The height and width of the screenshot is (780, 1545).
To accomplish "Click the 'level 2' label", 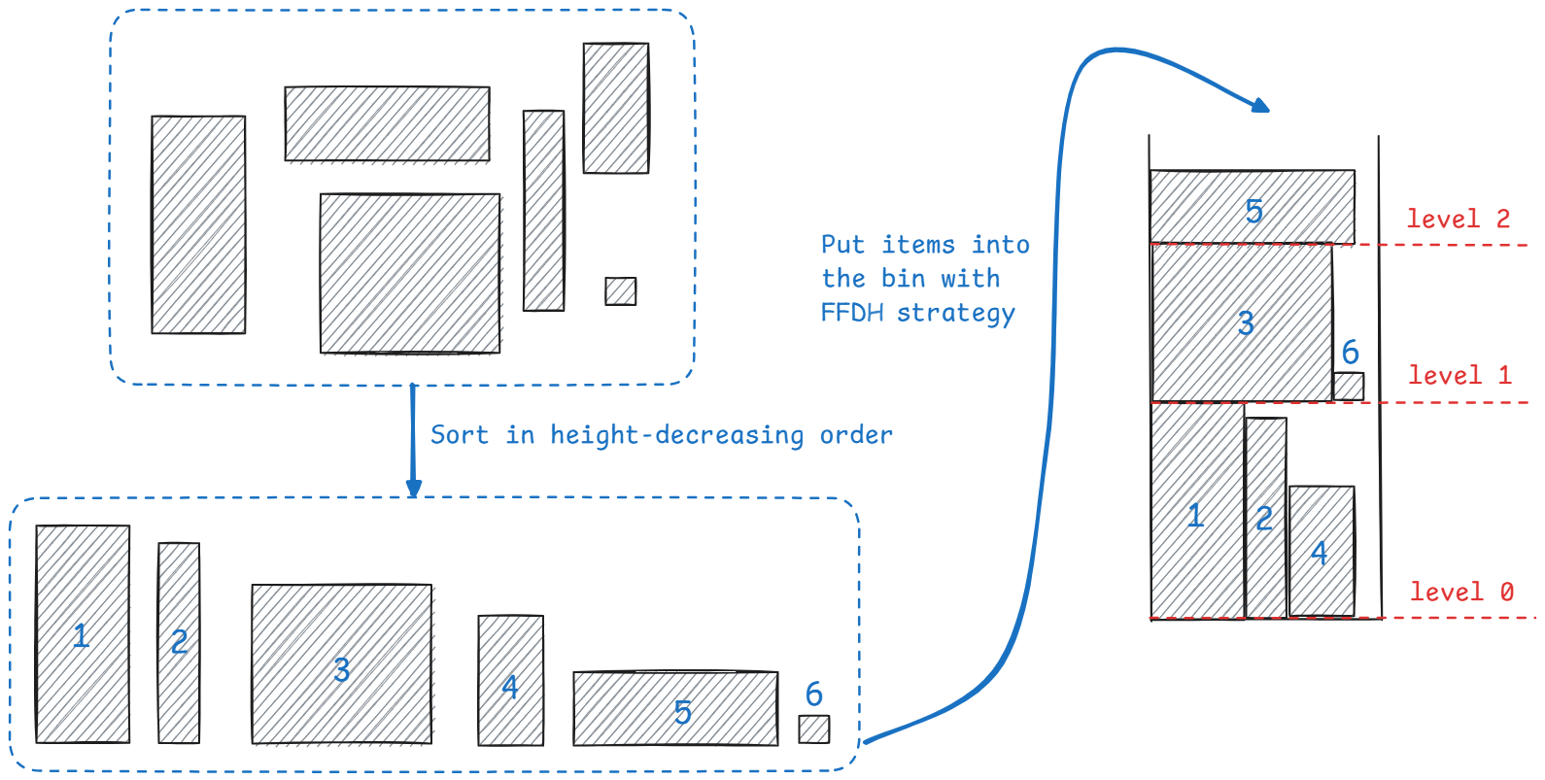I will (1458, 220).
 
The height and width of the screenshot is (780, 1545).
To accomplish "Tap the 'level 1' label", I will (1459, 376).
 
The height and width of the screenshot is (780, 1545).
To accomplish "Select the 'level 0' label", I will (1461, 593).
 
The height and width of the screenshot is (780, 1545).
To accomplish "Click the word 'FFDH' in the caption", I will (851, 313).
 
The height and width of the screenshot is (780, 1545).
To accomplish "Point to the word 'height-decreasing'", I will (676, 435).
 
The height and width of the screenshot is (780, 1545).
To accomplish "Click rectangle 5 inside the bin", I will (1252, 207).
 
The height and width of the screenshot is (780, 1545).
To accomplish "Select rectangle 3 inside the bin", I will (1241, 322).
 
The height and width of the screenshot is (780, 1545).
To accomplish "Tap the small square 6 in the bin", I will (1348, 387).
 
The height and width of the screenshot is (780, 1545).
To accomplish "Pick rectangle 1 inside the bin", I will (1196, 511).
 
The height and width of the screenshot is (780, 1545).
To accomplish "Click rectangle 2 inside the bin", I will (1265, 518).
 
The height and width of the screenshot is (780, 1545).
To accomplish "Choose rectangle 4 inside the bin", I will (1321, 551).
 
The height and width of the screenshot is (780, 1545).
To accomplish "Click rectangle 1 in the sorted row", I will (83, 634).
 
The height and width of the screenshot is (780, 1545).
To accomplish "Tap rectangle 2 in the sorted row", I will (179, 642).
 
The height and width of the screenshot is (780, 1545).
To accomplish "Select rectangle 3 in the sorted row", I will (341, 664).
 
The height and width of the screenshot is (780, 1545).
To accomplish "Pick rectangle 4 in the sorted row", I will (510, 680).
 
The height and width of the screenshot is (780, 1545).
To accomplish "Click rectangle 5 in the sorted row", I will (675, 709).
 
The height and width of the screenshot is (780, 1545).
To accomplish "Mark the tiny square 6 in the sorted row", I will (813, 729).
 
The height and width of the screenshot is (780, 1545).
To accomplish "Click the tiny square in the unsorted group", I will (620, 291).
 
